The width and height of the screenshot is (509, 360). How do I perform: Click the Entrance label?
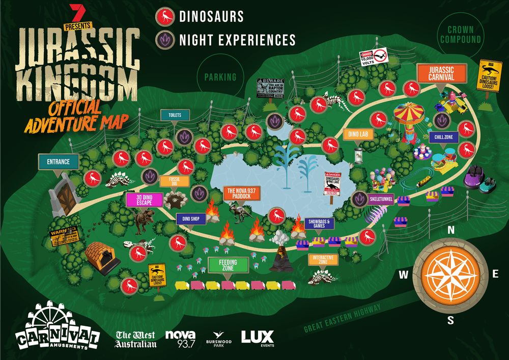[59, 162]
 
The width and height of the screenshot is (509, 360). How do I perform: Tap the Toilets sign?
[175, 115]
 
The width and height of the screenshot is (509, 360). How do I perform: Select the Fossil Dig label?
[175, 182]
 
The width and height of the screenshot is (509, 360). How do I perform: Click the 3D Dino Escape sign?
[145, 200]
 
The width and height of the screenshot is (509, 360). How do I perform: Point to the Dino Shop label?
[190, 219]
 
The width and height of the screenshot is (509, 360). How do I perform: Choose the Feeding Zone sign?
[229, 265]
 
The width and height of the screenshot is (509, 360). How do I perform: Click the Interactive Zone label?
[323, 260]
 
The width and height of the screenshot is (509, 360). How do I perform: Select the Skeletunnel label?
[382, 199]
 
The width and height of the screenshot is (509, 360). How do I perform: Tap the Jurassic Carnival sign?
[441, 73]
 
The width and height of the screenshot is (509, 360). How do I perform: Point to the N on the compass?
[450, 230]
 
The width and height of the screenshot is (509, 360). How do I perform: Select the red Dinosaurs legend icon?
[165, 17]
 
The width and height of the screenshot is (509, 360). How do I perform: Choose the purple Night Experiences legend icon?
[165, 40]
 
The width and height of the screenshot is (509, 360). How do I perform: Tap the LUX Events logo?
[257, 339]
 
